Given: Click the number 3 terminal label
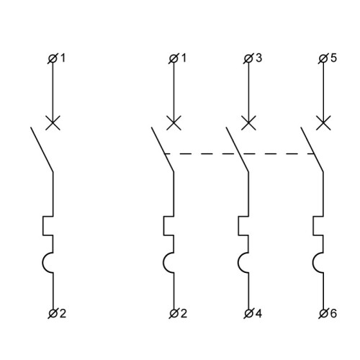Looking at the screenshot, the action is [258, 58].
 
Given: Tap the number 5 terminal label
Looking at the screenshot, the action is [333, 58].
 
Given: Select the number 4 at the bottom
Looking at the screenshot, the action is [258, 313].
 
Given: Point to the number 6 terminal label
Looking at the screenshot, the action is [333, 313].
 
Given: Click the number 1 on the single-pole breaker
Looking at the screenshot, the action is [63, 58].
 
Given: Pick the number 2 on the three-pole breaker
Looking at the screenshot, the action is [184, 313].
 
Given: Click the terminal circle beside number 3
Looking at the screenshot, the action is [248, 58].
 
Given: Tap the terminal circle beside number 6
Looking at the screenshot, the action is [323, 313].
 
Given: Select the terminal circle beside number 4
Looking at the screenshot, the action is [248, 313].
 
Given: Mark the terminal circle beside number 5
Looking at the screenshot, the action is [323, 58].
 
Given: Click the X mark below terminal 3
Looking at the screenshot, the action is [248, 122].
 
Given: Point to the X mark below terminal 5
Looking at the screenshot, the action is [323, 122].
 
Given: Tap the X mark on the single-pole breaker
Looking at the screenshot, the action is [53, 122].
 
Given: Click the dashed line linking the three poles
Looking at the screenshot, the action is [239, 153].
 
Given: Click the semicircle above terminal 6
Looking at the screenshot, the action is [313, 263].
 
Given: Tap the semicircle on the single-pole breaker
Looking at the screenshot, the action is [42, 263].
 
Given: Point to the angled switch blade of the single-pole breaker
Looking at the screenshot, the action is [42, 149].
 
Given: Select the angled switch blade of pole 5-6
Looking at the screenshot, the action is [312, 149].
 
